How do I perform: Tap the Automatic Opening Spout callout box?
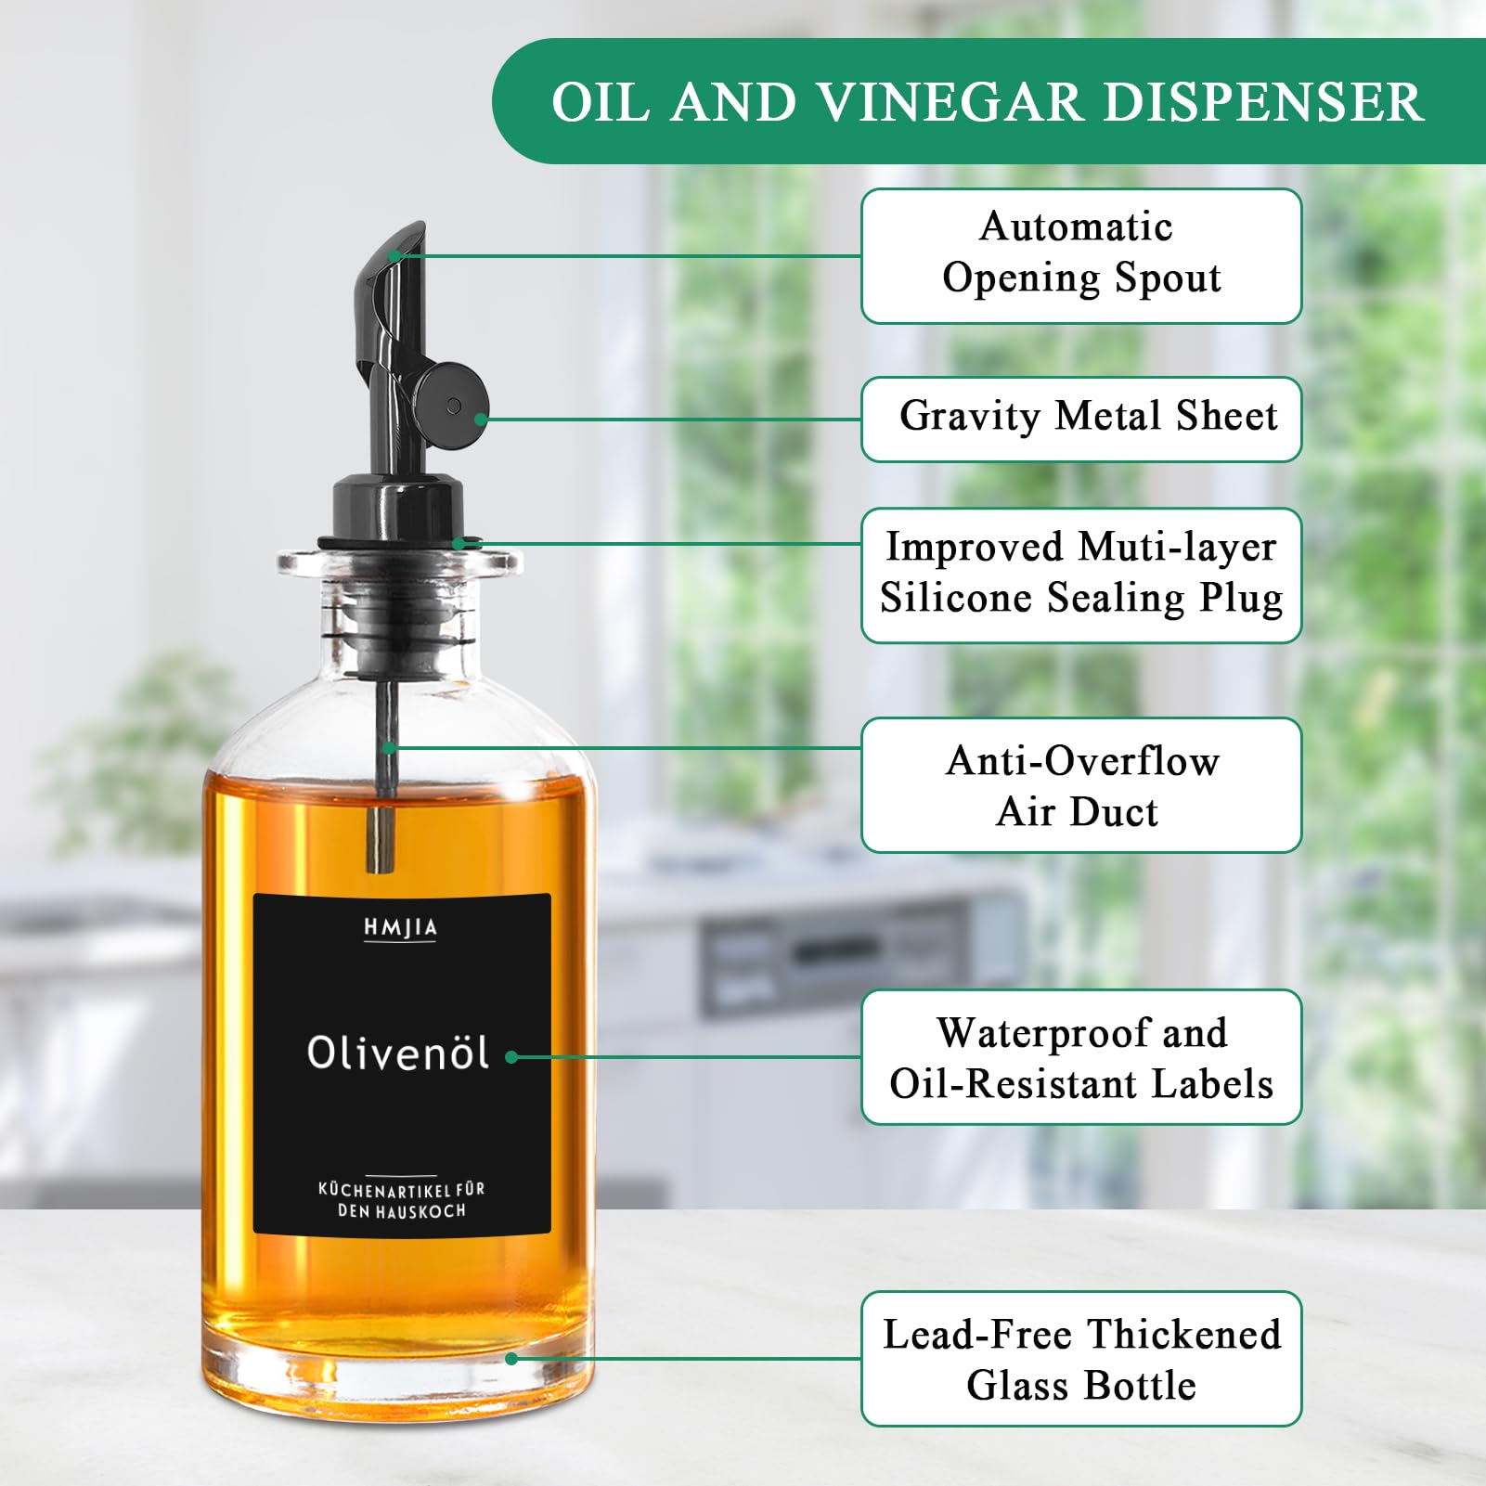[1080, 256]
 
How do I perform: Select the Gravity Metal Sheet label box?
[1080, 419]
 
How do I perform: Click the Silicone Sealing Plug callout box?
[1080, 575]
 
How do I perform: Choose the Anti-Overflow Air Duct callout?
[1080, 785]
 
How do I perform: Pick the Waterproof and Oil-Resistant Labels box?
[1080, 1057]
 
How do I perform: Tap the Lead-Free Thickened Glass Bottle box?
[1080, 1359]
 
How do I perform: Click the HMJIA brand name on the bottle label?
[400, 927]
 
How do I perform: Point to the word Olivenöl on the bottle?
[398, 1053]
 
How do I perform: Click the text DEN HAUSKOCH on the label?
[401, 1211]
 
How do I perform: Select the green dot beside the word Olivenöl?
[511, 1057]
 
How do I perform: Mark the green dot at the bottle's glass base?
[511, 1359]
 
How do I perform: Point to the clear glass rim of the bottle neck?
[399, 561]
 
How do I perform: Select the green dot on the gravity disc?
[481, 419]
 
